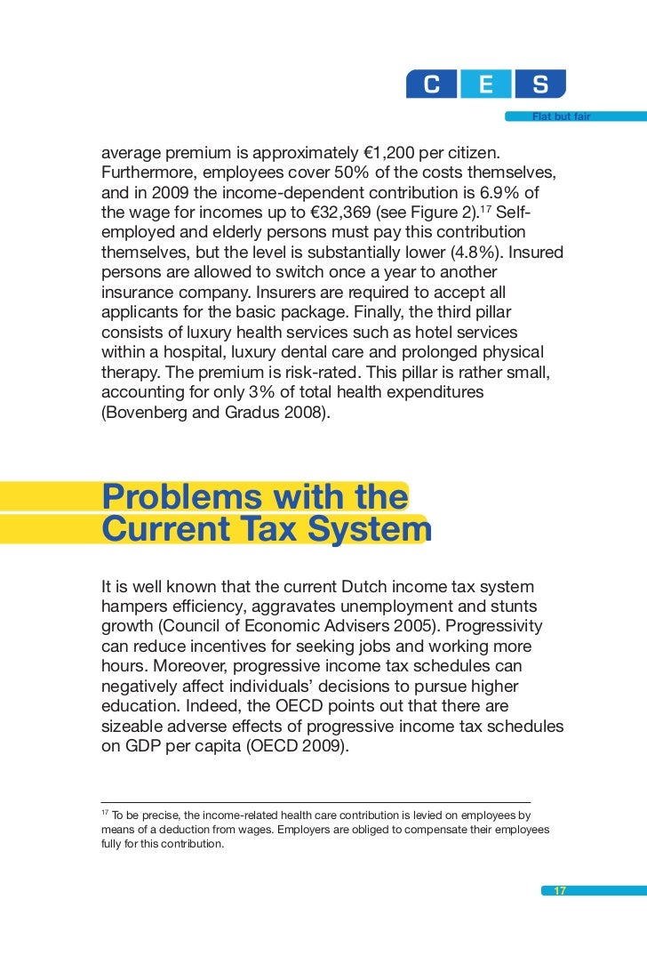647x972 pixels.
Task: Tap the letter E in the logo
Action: pos(486,84)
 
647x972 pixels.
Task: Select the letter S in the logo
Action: pos(540,84)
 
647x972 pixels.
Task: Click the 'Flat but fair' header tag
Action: pos(561,116)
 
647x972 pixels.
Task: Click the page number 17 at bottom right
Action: pos(560,891)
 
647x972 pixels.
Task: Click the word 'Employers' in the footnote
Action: pos(318,830)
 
